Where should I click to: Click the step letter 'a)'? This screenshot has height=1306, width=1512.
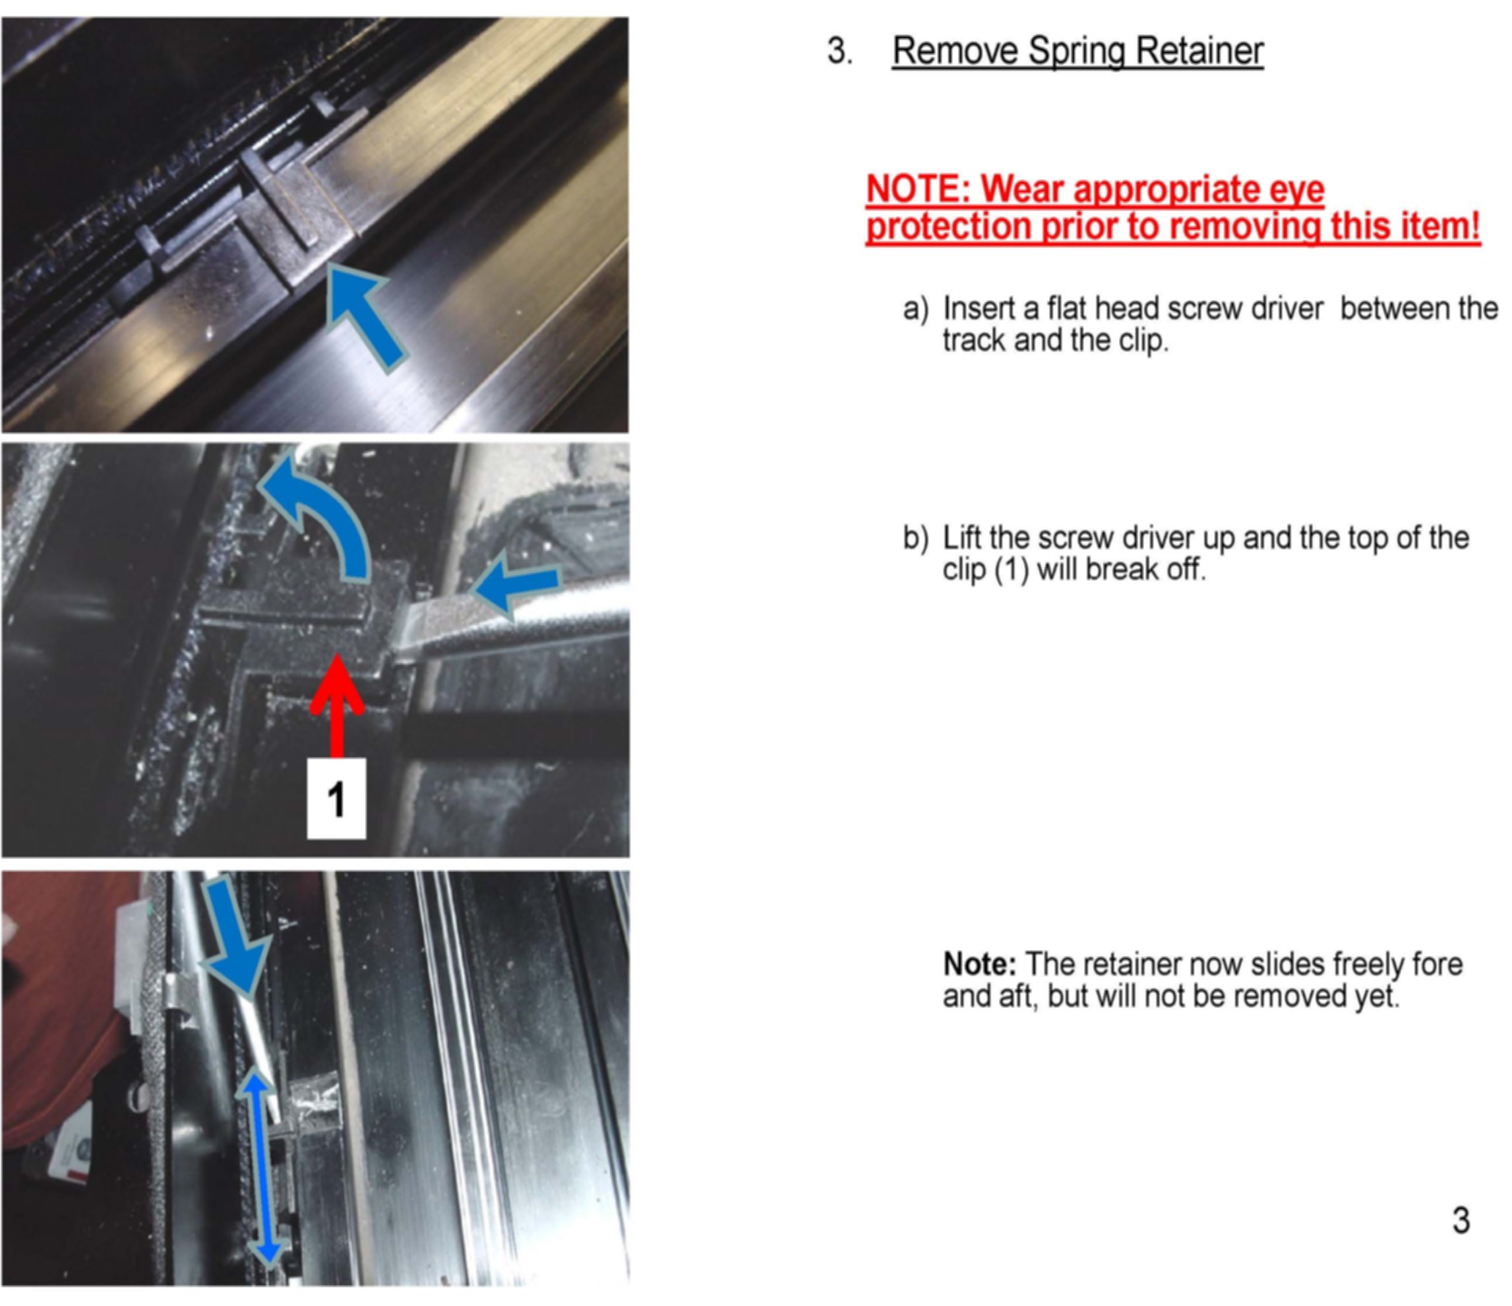(x=916, y=309)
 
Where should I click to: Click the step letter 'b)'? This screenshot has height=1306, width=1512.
(x=916, y=538)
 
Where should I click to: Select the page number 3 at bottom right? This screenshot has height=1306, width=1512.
(x=1461, y=1221)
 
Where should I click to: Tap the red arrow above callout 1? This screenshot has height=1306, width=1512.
(x=336, y=705)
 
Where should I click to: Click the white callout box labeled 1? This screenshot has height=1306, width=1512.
(x=336, y=799)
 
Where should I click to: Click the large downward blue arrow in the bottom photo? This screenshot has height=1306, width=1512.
(x=235, y=936)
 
